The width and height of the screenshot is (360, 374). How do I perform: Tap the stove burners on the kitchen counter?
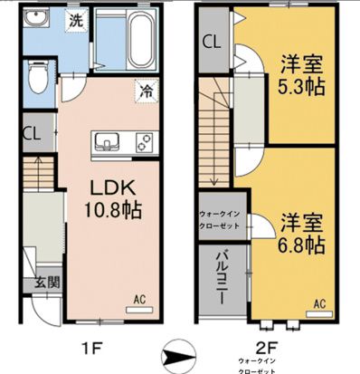pyautogui.click(x=142, y=142)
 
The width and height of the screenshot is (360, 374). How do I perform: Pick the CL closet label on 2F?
pyautogui.click(x=212, y=42)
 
